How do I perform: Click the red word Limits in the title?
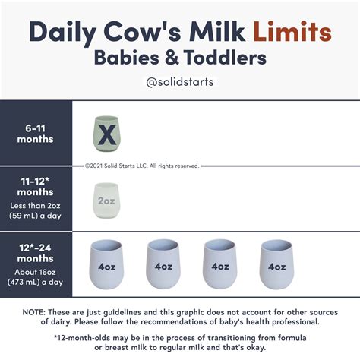[292, 33]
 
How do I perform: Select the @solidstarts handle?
[179, 82]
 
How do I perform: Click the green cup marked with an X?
[108, 136]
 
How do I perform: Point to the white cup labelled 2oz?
[108, 201]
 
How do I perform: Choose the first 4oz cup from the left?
[106, 264]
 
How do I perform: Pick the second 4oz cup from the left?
[163, 264]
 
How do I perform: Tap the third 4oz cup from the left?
[219, 264]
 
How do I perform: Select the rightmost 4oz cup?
[276, 264]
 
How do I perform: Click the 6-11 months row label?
[36, 134]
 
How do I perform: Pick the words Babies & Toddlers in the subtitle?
[180, 58]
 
